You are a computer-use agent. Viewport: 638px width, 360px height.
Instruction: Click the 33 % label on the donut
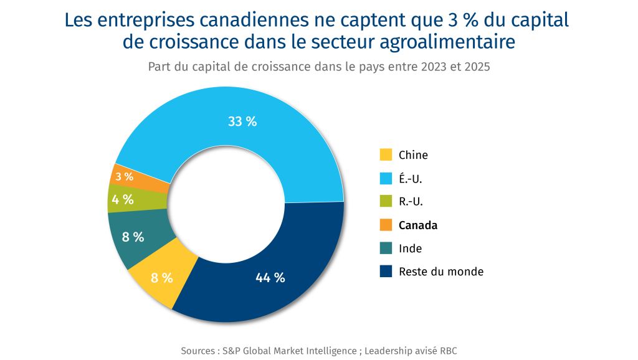coord(242,121)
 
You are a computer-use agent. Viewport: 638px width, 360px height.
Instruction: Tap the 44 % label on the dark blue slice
coord(270,278)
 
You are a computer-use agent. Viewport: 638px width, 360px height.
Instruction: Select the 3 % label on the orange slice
coord(125,176)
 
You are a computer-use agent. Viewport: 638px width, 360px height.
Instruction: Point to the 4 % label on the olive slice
coord(123,200)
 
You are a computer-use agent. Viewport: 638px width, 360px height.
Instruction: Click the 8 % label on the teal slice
coord(133,237)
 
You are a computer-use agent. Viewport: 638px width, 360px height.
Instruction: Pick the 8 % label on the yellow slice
coord(162,278)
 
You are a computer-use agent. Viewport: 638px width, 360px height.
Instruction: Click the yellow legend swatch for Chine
coord(386,155)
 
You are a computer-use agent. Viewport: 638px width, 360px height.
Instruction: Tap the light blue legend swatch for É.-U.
coord(386,179)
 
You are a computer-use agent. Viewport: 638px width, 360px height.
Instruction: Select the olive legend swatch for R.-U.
coord(386,202)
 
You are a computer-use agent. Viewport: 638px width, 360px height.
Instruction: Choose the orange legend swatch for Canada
coord(386,225)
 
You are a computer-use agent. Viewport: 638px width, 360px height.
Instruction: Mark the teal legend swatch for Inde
coord(386,249)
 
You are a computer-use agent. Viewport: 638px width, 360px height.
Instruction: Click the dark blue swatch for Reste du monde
coord(386,272)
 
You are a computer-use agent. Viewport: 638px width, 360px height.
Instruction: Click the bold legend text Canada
coord(417,225)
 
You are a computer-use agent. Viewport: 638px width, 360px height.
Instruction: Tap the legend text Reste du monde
coord(440,272)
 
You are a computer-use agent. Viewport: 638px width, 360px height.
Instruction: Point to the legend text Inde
coord(410,249)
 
